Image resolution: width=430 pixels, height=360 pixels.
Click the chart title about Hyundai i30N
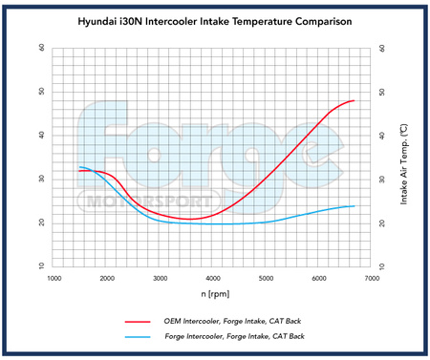click(x=216, y=19)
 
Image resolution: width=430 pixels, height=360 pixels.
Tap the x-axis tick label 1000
click(x=54, y=278)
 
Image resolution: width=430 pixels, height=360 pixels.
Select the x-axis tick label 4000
click(x=213, y=278)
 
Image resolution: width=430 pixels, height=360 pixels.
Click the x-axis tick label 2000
click(x=107, y=278)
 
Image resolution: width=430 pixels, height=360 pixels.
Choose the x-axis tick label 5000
click(x=266, y=278)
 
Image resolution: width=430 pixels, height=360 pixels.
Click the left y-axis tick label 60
click(x=40, y=48)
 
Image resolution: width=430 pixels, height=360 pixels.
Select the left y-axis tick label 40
click(x=40, y=136)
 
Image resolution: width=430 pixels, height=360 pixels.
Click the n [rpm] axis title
click(x=213, y=292)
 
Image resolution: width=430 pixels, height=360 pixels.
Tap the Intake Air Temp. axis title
click(x=405, y=157)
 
